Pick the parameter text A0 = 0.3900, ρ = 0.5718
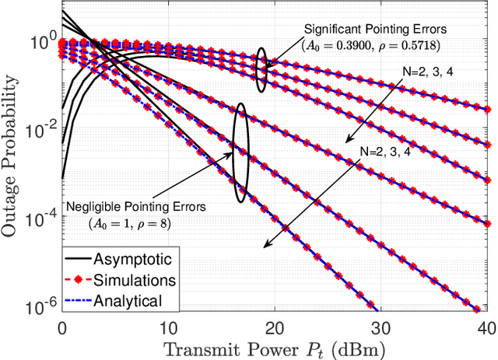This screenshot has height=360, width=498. tap(370, 44)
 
